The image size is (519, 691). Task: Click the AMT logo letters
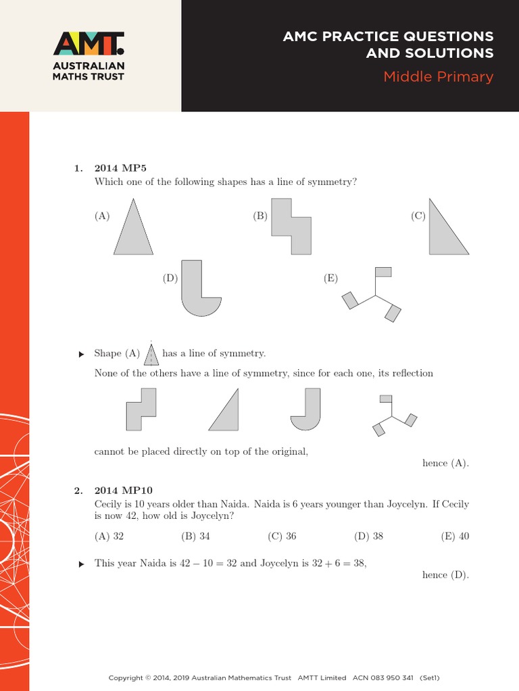[x=89, y=43]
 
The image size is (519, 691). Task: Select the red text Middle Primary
[x=438, y=76]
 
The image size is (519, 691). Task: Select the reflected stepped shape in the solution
[x=141, y=410]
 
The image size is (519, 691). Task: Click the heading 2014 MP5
[x=116, y=168]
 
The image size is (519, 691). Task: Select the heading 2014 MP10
[x=118, y=491]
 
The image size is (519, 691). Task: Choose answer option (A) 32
[x=109, y=536]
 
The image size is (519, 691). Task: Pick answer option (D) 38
[x=368, y=536]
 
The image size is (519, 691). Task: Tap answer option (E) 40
[x=455, y=536]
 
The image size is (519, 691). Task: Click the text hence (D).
[x=445, y=575]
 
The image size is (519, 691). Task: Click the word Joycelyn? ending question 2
[x=209, y=516]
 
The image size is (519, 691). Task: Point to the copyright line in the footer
[x=274, y=678]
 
